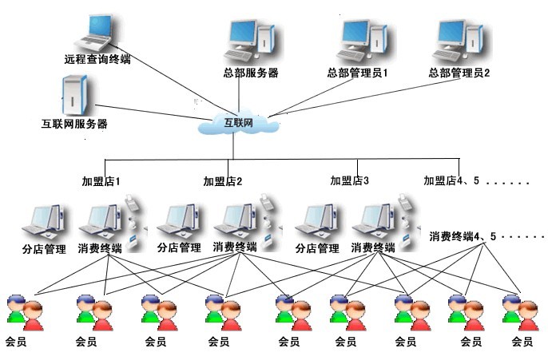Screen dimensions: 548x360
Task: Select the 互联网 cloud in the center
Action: pos(238,122)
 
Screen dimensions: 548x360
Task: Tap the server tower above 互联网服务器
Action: pos(74,95)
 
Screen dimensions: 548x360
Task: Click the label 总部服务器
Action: pos(251,73)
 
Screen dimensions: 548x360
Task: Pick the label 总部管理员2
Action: pos(459,73)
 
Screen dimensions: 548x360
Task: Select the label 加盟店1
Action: pos(101,181)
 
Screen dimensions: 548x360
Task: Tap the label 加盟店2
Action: pos(223,181)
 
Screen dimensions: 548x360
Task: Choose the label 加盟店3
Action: pos(350,180)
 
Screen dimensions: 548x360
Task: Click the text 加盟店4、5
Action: pos(451,180)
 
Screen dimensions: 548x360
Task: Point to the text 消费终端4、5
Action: pos(463,236)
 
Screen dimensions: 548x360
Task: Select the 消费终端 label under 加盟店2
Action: pos(235,247)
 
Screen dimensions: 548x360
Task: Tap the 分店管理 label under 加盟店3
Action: pos(317,248)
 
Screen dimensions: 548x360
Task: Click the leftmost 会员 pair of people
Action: pos(26,313)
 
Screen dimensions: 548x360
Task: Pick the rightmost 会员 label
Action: pos(522,342)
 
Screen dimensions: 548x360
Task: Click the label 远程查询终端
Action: pos(97,59)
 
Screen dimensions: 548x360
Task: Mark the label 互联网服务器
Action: pos(74,124)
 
